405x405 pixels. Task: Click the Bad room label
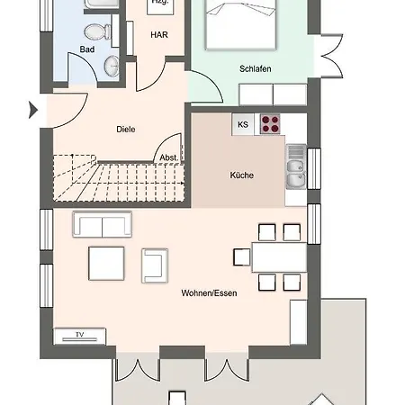[x=87, y=49]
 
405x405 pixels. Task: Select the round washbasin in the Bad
[x=112, y=65]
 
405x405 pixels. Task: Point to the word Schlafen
[x=256, y=68]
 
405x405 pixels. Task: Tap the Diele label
[x=126, y=129]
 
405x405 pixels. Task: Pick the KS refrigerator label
[x=243, y=125]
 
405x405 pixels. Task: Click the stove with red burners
[x=271, y=124]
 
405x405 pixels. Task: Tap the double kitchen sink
[x=295, y=166]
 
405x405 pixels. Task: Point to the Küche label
[x=241, y=175]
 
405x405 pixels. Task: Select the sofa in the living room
[x=102, y=225]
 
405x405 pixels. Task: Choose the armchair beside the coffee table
[x=154, y=264]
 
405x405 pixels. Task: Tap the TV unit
[x=81, y=336]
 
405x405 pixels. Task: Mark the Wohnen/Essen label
[x=209, y=293]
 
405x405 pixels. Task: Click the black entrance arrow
[x=34, y=112]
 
